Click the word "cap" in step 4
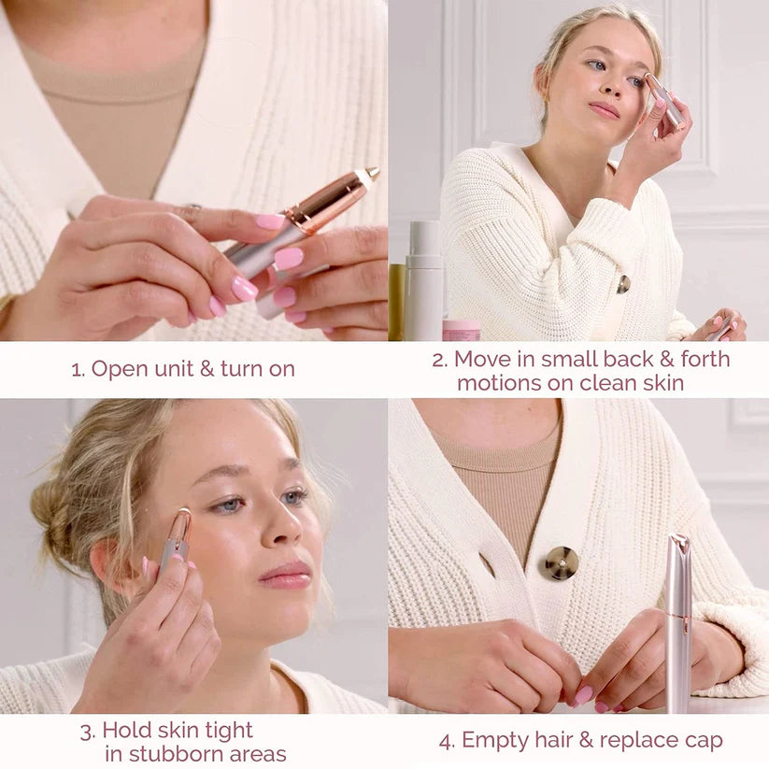tap(703, 741)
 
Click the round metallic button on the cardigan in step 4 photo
tap(562, 563)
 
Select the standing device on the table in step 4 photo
tap(678, 621)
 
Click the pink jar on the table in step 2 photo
tap(462, 330)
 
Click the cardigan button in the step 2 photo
tap(623, 284)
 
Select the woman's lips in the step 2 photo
tap(604, 110)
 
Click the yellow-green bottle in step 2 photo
tap(397, 301)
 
